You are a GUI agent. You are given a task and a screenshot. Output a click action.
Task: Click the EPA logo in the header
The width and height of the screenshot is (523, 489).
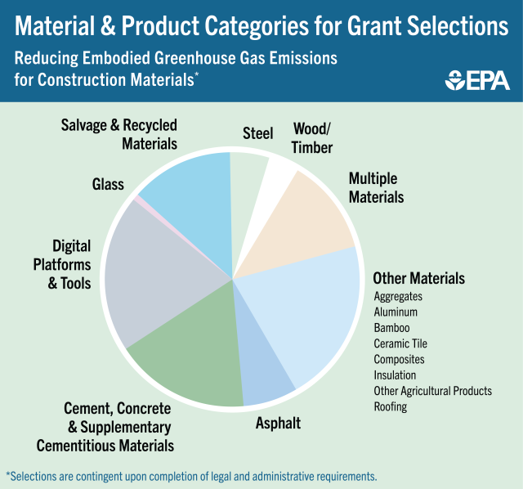pos(477,80)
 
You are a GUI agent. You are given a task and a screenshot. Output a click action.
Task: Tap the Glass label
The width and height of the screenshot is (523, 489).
pos(108,184)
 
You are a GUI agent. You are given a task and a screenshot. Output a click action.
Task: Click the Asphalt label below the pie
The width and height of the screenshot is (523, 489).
pos(278,423)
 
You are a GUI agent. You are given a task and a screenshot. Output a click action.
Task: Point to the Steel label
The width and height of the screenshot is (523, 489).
pos(257,133)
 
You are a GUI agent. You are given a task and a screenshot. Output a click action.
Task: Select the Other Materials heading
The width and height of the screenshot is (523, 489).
pos(418,278)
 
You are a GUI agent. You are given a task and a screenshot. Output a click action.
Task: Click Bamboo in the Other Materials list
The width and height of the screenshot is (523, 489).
pos(391,328)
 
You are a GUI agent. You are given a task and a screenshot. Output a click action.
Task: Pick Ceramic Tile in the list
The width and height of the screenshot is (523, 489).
pos(400,343)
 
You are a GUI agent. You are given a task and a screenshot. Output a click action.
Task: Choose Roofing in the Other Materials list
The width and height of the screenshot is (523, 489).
pos(391,406)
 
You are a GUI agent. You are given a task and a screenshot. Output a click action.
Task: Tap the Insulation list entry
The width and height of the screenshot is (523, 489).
pos(395,375)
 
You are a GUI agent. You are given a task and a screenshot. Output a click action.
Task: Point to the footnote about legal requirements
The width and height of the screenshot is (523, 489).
pos(191,476)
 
